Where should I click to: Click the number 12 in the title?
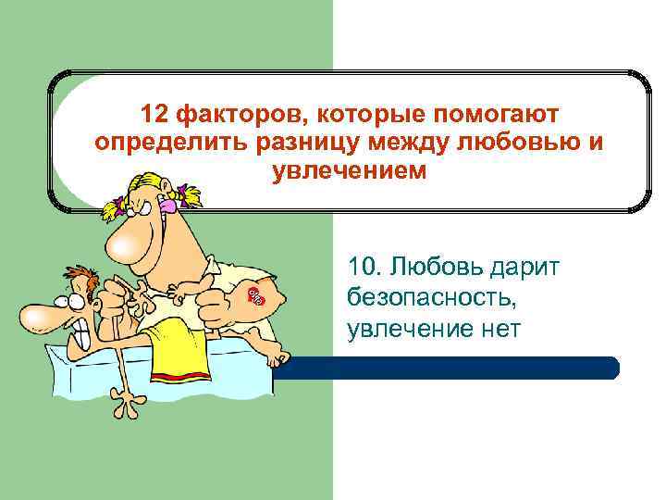[154, 115]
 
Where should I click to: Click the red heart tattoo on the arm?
[256, 296]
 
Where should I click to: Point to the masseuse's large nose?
[124, 243]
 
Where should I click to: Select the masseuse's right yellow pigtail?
[191, 196]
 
